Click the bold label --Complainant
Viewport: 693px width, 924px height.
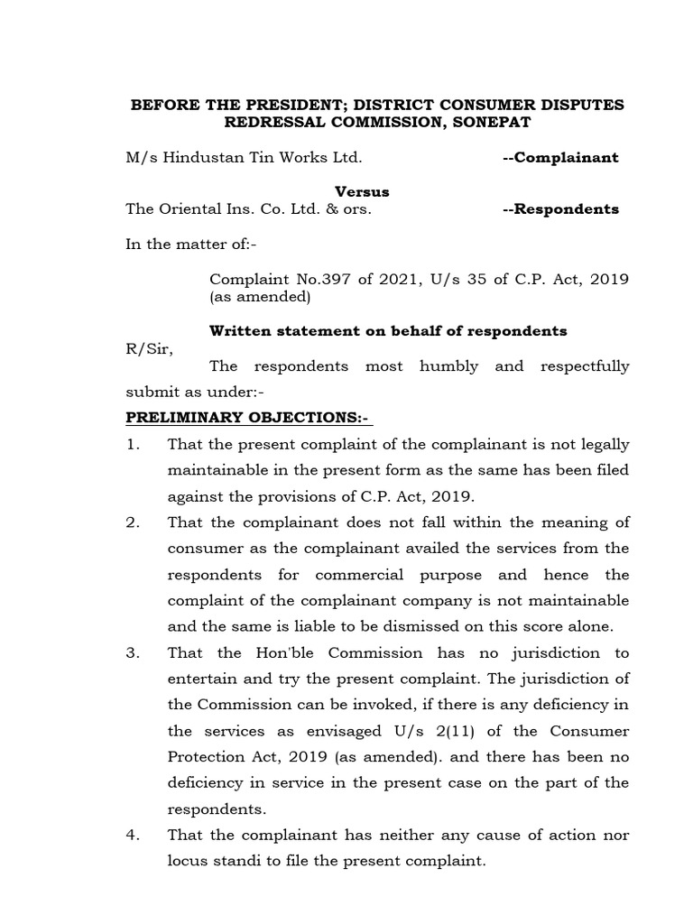click(560, 157)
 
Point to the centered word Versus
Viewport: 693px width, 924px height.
click(363, 191)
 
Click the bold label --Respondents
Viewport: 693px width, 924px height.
click(560, 209)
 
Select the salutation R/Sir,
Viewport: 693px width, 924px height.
click(145, 347)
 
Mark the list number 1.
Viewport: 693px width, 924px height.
click(133, 445)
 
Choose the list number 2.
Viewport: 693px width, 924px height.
click(133, 523)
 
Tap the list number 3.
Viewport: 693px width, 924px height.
click(133, 652)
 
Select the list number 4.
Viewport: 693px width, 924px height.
click(133, 835)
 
